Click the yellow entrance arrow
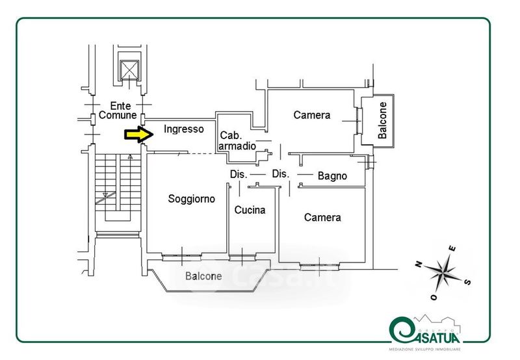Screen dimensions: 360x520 pyautogui.click(x=138, y=135)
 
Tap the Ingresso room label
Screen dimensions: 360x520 pyautogui.click(x=183, y=129)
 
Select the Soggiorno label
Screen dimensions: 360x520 pyautogui.click(x=191, y=199)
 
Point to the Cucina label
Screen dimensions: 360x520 pyautogui.click(x=250, y=210)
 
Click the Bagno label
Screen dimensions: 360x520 pyautogui.click(x=332, y=176)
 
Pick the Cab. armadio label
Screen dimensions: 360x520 pyautogui.click(x=233, y=140)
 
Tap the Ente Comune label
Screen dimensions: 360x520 pyautogui.click(x=118, y=110)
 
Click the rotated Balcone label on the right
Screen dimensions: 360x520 pyautogui.click(x=383, y=120)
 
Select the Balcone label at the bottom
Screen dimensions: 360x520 pyautogui.click(x=203, y=276)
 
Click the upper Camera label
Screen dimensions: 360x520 pyautogui.click(x=311, y=115)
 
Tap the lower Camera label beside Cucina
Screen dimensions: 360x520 pyautogui.click(x=322, y=218)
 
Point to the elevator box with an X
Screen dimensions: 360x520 pyautogui.click(x=130, y=70)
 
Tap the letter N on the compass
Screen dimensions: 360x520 pyautogui.click(x=419, y=264)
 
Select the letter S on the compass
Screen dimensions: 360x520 pyautogui.click(x=469, y=281)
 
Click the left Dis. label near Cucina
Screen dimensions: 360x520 pyautogui.click(x=238, y=174)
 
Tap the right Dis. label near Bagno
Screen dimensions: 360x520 pyautogui.click(x=280, y=174)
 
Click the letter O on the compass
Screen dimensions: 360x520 pyautogui.click(x=434, y=298)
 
